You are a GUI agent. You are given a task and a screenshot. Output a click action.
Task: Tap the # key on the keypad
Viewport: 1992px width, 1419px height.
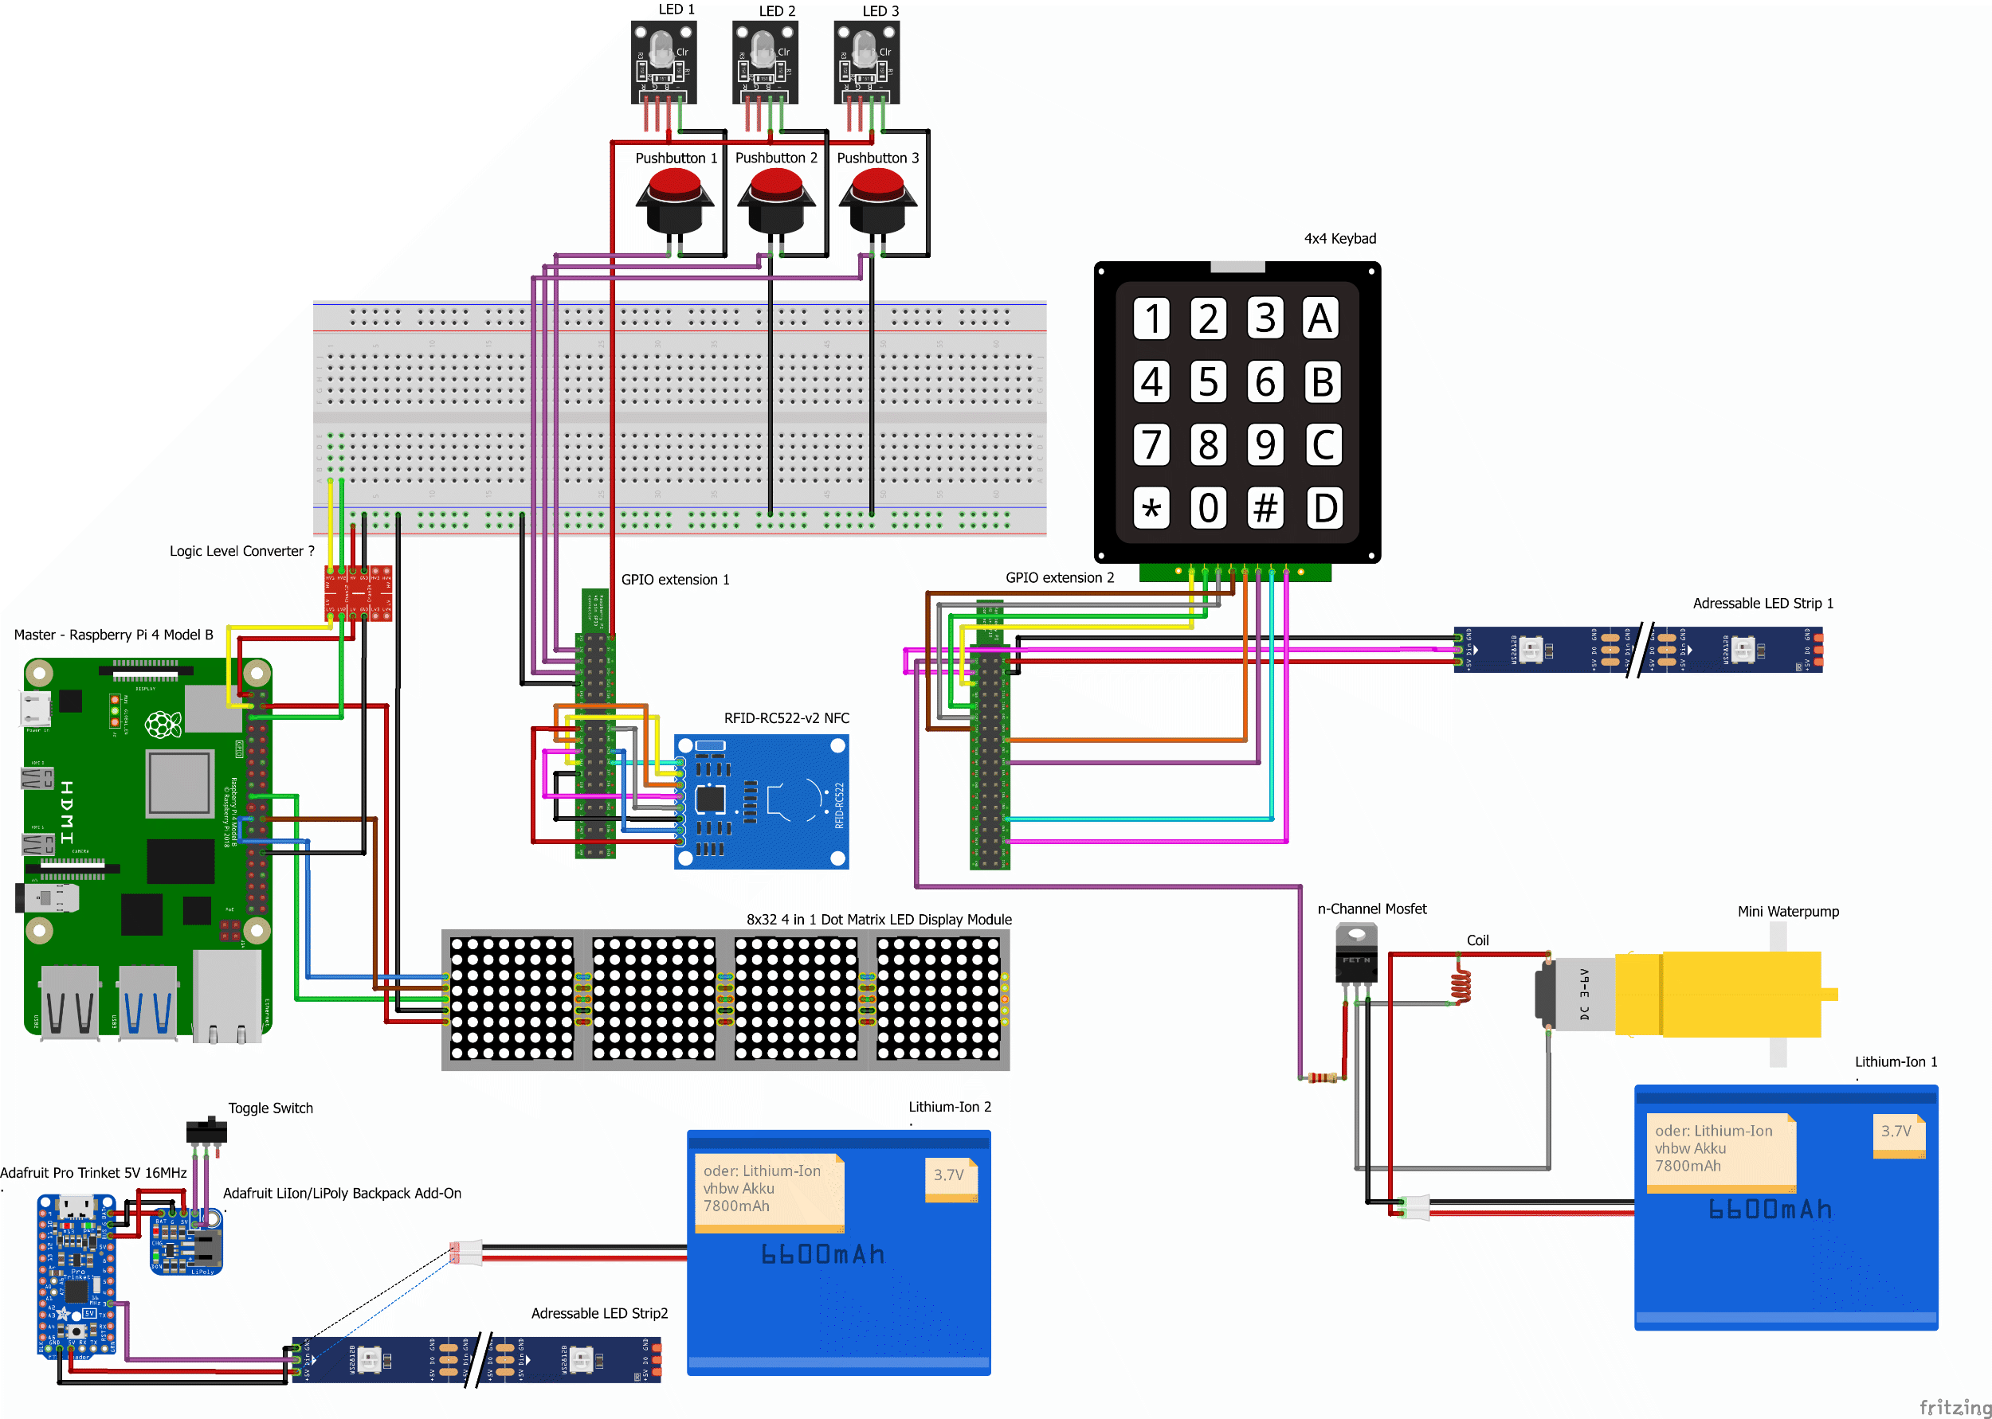[x=1265, y=508]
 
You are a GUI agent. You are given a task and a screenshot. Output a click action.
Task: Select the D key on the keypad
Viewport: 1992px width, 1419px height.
[x=1324, y=508]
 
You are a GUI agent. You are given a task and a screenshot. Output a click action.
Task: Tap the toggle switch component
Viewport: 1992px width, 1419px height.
[x=206, y=1131]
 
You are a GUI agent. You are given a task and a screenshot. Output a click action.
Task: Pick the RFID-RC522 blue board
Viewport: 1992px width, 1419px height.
[x=761, y=801]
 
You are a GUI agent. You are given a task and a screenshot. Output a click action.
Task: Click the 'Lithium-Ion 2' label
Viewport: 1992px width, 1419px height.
[x=949, y=1106]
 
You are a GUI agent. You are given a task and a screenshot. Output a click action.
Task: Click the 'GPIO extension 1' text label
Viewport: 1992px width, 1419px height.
[x=675, y=580]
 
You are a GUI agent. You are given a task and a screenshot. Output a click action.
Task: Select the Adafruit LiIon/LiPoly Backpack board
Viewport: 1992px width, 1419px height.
[x=186, y=1241]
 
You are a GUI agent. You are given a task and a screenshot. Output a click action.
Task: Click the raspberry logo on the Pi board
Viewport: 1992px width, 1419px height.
[x=163, y=725]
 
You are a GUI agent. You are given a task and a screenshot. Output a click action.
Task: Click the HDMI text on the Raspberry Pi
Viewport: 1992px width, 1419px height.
[x=66, y=812]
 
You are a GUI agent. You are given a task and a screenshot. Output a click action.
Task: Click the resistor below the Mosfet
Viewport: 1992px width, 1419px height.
[x=1323, y=1077]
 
